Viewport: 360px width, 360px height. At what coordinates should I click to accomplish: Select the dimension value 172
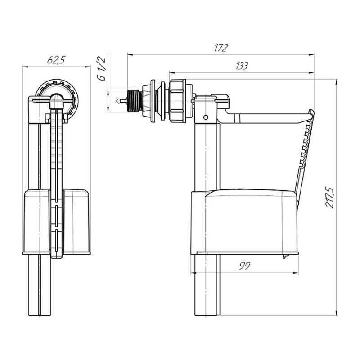[220, 48]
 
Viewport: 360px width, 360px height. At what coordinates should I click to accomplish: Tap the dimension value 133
[241, 66]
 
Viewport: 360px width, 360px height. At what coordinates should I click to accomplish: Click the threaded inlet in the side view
[135, 101]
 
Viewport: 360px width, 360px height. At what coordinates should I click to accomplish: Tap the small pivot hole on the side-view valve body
[206, 117]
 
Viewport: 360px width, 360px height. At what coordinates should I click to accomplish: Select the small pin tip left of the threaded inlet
[119, 101]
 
